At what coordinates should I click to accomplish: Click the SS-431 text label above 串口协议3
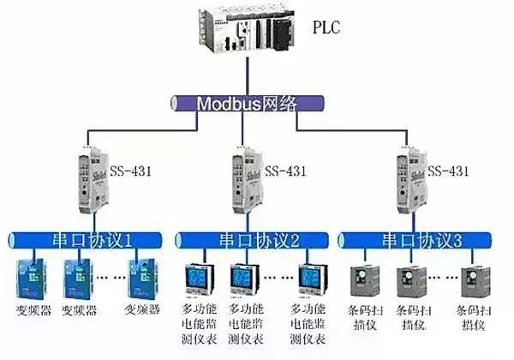pyautogui.click(x=451, y=171)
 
